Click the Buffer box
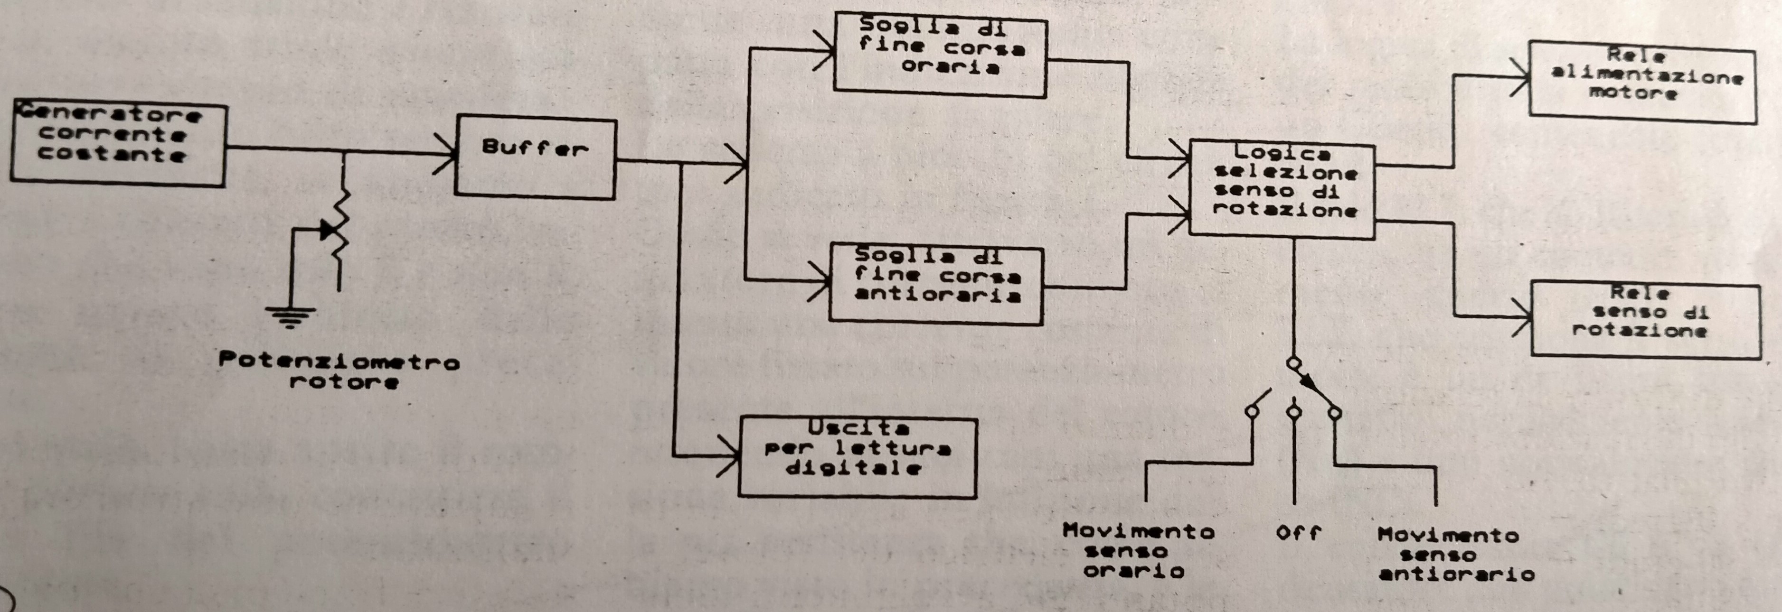coord(535,158)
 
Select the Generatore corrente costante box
coord(118,144)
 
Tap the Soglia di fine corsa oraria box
coord(940,55)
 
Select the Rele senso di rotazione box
coord(1645,319)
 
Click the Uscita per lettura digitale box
coord(858,456)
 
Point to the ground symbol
coord(291,317)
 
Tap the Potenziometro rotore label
coord(339,371)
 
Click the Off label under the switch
coord(1298,532)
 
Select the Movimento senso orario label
coord(1138,550)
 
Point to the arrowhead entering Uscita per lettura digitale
coord(732,456)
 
